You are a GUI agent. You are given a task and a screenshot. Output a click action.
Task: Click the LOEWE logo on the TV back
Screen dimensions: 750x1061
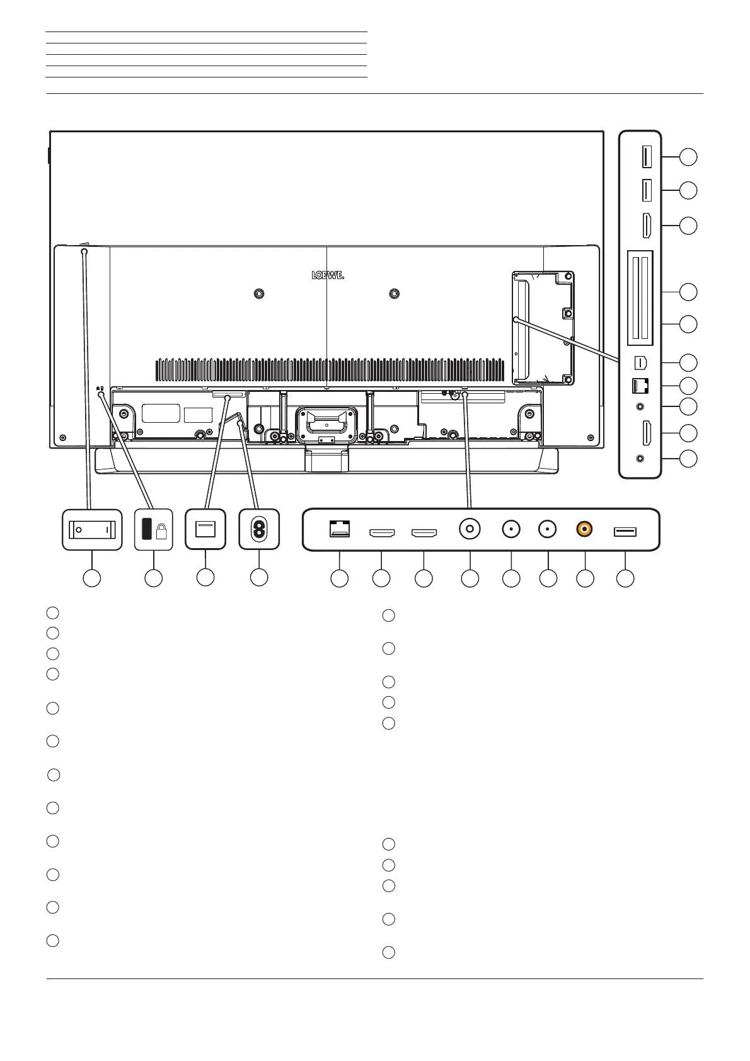328,275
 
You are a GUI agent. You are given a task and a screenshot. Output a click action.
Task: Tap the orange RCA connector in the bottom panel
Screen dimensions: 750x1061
585,530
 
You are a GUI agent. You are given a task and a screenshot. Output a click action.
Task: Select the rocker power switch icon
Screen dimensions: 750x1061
92,530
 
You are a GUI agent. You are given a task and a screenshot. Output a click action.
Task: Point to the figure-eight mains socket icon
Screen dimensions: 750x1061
259,530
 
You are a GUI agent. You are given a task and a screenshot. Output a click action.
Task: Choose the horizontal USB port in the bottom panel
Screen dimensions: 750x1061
625,532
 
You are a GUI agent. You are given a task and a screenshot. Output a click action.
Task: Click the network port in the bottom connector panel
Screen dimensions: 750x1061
340,530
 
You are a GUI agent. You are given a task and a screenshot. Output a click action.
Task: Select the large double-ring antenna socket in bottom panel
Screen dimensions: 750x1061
470,529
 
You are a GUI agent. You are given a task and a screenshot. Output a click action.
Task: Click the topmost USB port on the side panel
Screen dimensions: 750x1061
647,157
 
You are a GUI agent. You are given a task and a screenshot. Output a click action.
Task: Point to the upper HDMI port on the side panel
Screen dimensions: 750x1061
647,226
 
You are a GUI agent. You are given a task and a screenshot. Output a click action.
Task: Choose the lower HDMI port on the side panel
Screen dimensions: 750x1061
647,433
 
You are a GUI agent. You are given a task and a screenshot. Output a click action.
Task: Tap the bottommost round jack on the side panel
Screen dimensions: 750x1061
642,459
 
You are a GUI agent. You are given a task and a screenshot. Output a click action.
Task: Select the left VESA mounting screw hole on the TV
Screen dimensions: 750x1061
258,294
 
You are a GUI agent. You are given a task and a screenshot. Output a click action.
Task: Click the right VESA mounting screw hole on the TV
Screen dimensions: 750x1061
395,294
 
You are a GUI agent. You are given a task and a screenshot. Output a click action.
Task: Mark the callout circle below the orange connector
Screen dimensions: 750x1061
586,578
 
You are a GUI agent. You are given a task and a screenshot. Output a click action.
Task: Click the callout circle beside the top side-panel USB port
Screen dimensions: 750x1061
688,157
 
